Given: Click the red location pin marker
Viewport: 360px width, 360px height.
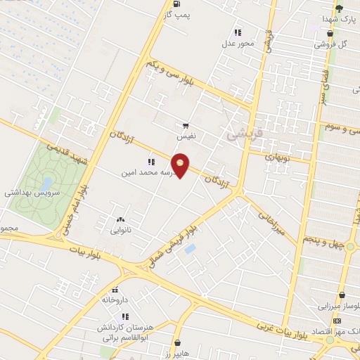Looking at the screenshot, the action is pyautogui.click(x=181, y=166).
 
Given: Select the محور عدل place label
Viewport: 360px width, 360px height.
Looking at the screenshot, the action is pyautogui.click(x=238, y=43).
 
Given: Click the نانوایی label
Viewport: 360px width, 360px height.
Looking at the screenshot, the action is pyautogui.click(x=120, y=229).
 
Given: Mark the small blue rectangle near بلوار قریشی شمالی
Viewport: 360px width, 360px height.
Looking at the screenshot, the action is pyautogui.click(x=190, y=249).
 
